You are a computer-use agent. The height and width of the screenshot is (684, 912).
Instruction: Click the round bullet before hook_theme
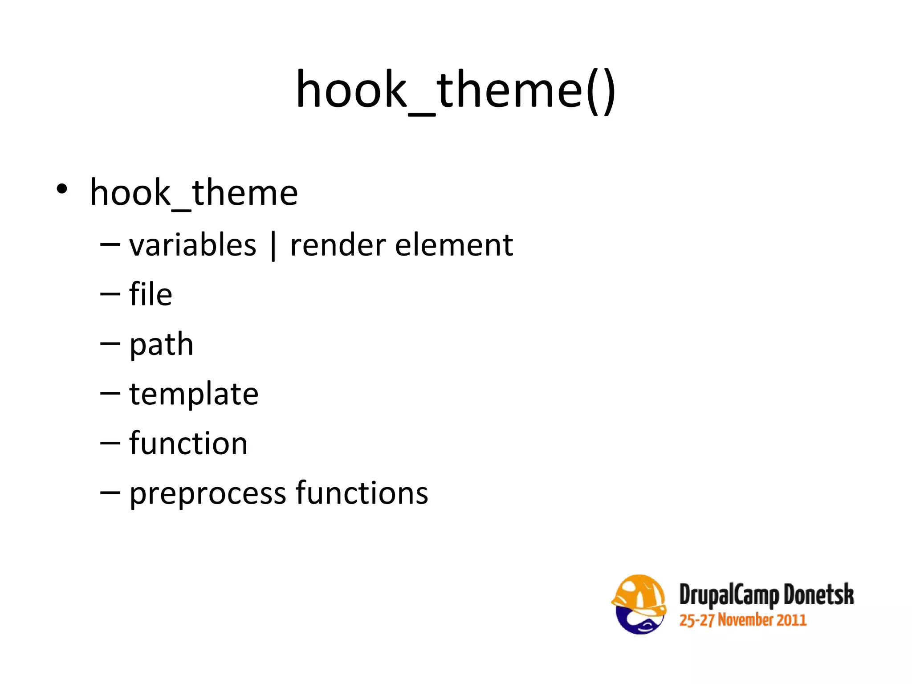click(x=62, y=189)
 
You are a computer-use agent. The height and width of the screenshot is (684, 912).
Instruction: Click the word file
click(x=151, y=294)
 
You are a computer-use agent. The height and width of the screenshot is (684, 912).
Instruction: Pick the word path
click(x=161, y=345)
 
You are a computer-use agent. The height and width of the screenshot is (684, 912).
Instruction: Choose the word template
click(x=194, y=395)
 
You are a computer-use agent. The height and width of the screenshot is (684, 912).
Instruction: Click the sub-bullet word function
click(x=188, y=444)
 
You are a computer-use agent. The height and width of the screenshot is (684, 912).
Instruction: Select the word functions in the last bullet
click(x=362, y=493)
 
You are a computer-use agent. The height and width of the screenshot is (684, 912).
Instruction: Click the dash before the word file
click(x=110, y=294)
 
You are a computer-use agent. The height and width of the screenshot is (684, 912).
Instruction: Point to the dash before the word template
click(x=110, y=393)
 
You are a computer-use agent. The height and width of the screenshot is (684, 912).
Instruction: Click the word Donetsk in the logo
click(x=818, y=594)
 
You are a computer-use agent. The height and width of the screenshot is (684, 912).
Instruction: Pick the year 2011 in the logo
click(x=791, y=620)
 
